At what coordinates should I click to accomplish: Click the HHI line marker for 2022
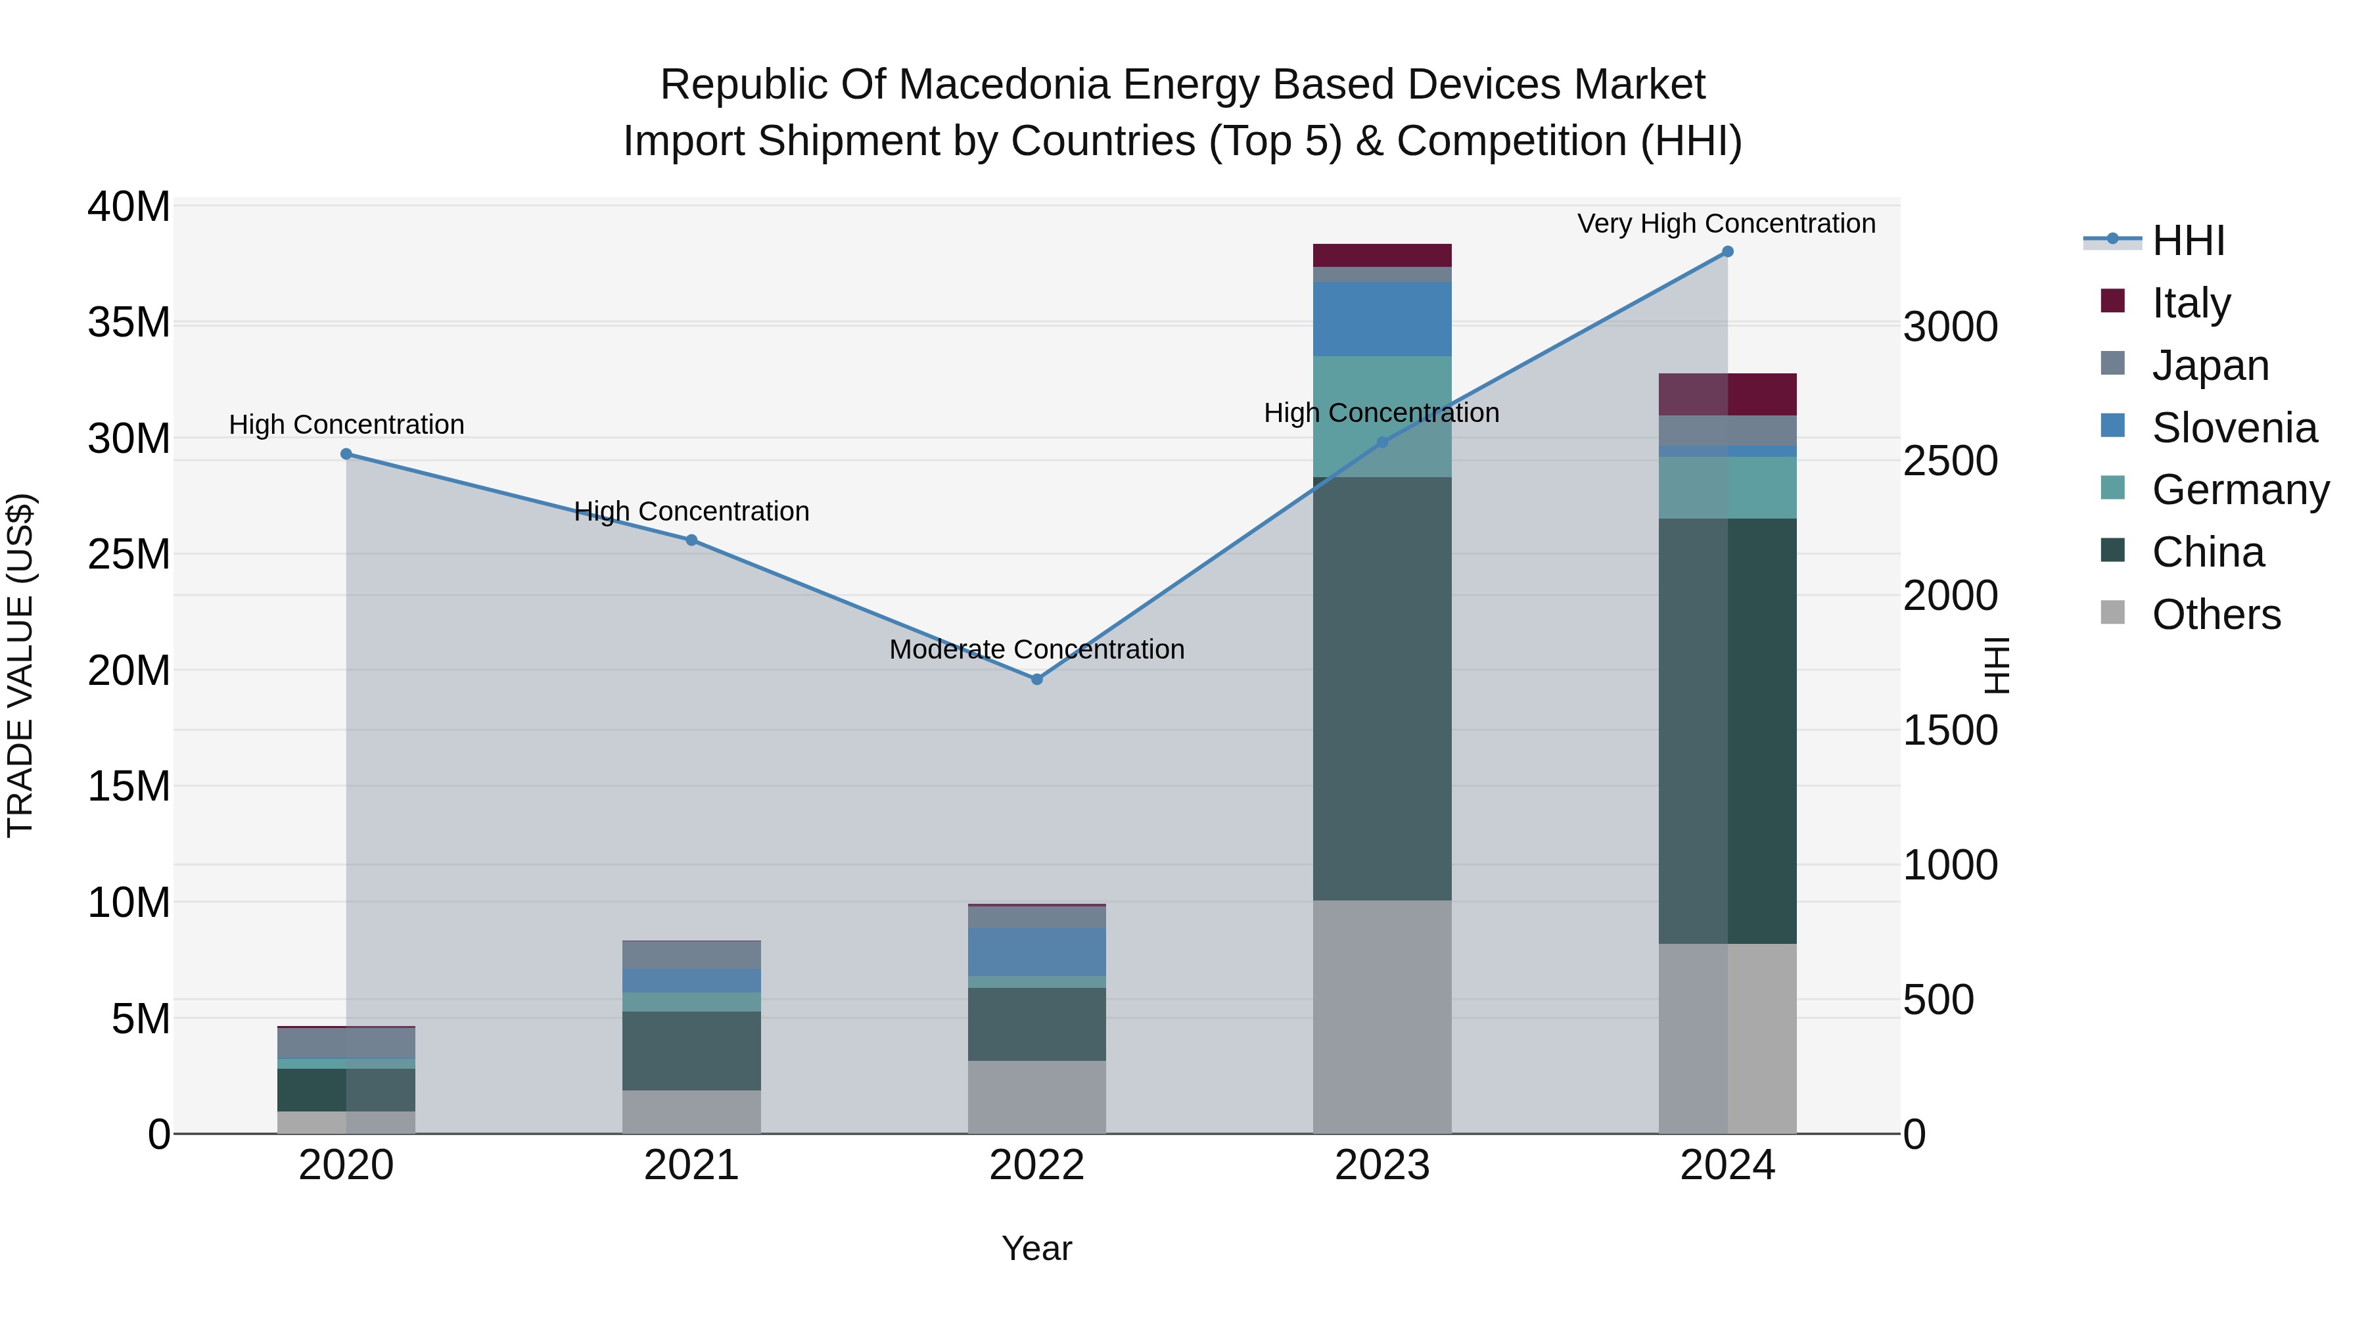point(1037,680)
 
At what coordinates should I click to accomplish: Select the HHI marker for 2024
point(1728,252)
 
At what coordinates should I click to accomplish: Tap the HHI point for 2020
point(346,454)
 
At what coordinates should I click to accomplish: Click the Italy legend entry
point(2191,302)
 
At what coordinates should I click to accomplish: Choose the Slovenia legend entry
point(2234,427)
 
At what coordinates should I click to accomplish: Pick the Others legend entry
point(2215,614)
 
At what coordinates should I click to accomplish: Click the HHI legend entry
point(2188,241)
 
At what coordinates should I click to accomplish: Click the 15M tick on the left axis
point(129,786)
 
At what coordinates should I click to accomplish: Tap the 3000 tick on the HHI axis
point(1950,327)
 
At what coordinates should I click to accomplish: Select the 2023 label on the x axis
point(1382,1165)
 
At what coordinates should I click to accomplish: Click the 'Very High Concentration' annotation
point(1726,223)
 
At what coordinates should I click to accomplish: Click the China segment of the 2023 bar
point(1382,689)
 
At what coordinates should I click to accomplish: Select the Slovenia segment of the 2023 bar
point(1382,319)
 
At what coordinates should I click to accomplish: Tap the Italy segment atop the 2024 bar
point(1728,394)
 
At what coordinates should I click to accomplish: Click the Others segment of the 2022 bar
point(1037,1097)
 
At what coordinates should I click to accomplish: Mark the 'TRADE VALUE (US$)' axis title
point(20,665)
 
